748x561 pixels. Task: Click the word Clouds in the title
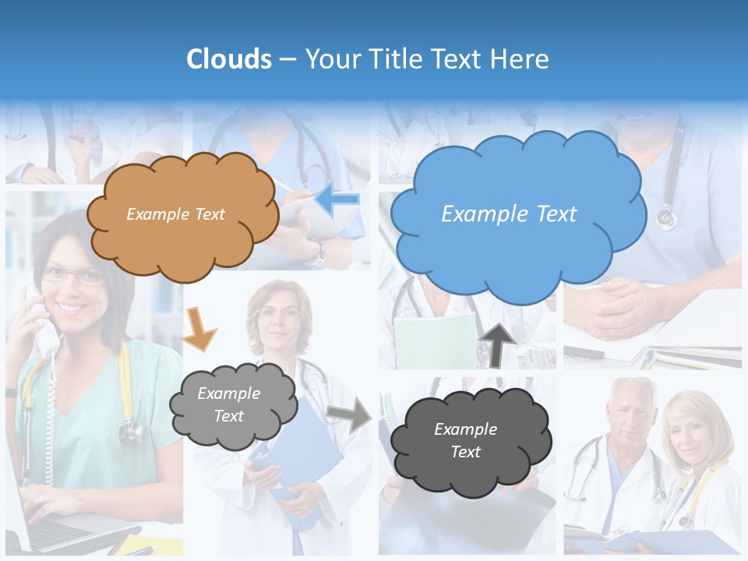228,59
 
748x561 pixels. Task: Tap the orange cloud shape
182,215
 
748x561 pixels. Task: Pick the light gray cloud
232,405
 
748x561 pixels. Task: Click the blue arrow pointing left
337,199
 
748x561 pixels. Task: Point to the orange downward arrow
199,328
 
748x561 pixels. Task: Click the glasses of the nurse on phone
72,275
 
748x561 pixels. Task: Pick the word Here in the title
521,59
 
